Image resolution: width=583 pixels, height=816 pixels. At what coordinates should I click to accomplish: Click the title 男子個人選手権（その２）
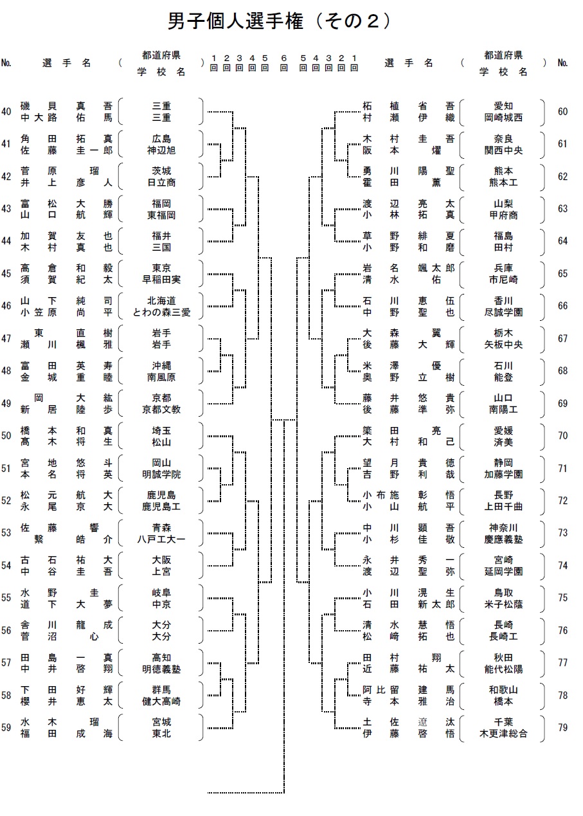280,21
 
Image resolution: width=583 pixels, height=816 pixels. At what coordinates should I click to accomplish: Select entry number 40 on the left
6,111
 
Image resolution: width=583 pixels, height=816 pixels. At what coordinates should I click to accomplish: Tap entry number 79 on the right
562,727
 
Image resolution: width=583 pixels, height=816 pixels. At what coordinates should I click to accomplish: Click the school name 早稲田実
161,280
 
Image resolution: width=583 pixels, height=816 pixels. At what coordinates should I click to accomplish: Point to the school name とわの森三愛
161,313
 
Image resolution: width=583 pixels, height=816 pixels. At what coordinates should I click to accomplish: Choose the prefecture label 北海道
161,300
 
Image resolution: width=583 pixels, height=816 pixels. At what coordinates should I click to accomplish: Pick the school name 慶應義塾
503,539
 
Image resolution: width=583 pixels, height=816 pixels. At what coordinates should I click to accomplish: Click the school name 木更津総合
503,733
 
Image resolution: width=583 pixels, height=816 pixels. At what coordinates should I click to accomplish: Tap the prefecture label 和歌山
503,689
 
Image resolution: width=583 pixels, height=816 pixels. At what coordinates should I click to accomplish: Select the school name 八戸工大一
161,539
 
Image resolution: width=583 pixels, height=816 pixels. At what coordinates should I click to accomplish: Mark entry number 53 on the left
6,533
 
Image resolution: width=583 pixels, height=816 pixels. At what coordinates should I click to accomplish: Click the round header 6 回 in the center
283,62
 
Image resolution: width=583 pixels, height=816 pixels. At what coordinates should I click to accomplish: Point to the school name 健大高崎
161,702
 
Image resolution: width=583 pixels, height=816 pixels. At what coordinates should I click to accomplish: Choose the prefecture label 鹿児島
161,495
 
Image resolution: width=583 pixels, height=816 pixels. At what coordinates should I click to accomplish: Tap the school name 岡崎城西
503,117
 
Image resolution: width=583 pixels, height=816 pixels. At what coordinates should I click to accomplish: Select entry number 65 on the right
562,273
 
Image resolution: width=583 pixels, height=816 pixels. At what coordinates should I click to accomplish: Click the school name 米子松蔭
503,604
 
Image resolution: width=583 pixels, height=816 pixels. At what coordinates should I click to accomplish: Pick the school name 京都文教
161,410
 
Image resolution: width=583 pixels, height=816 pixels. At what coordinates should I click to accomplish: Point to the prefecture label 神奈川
503,527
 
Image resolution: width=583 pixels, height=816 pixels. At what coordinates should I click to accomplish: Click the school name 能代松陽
503,669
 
